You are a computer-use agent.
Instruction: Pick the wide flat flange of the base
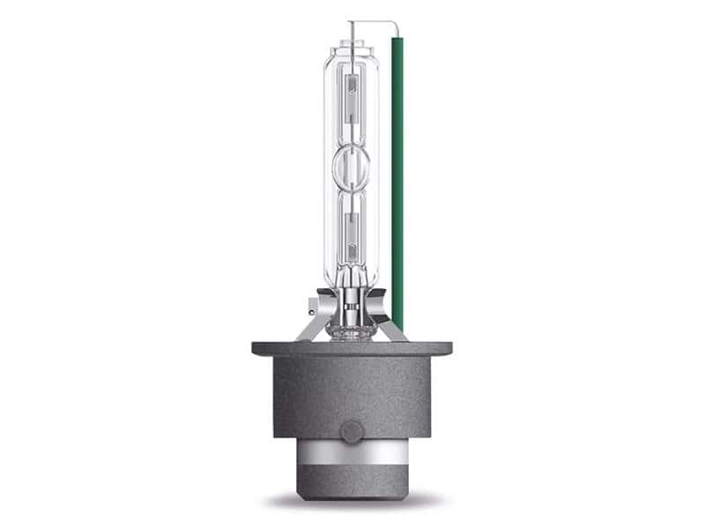tap(352, 348)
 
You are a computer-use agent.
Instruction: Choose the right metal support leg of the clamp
tap(397, 330)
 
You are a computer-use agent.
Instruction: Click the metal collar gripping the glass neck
tap(352, 300)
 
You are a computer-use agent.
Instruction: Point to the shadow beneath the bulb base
tap(352, 506)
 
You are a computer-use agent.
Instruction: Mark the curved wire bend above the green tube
tap(388, 23)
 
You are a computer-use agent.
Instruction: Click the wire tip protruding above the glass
tap(350, 26)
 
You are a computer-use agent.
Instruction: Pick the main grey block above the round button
tap(352, 388)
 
